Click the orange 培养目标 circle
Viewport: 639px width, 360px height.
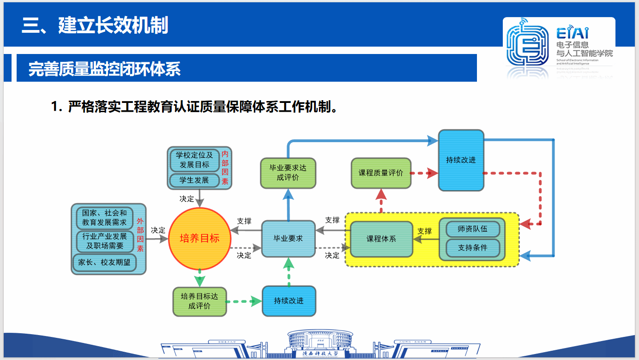(199, 239)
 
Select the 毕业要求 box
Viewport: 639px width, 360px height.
(289, 239)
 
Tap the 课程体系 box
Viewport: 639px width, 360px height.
(381, 239)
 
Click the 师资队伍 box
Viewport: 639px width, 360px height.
(472, 228)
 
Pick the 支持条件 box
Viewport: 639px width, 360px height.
(472, 248)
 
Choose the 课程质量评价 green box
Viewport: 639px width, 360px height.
(381, 173)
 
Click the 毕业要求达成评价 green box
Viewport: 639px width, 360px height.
(288, 173)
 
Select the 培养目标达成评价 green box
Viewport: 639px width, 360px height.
(199, 301)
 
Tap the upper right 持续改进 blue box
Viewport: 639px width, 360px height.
(461, 160)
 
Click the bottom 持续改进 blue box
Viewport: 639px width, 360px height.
(289, 301)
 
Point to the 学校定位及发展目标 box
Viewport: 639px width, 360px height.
(194, 160)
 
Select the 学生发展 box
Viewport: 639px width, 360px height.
(194, 180)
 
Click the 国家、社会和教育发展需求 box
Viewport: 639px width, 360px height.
(104, 217)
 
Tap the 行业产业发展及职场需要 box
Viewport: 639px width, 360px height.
(104, 241)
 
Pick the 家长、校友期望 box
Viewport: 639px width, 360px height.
(104, 262)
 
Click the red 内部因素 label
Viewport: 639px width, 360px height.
(225, 168)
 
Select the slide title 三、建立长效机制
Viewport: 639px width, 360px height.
(95, 25)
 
